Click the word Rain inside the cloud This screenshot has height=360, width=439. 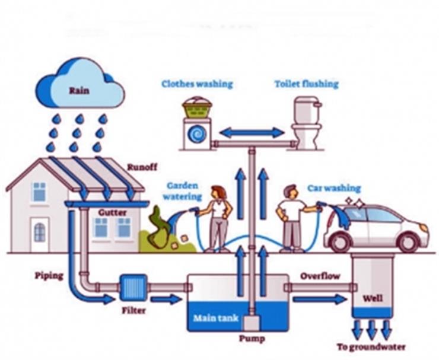[x=79, y=91]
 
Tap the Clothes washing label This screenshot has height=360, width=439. [x=198, y=84]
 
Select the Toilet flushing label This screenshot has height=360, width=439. [x=307, y=84]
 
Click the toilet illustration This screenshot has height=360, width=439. [x=306, y=123]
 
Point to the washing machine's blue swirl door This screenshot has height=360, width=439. [x=198, y=135]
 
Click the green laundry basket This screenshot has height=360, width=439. [x=197, y=108]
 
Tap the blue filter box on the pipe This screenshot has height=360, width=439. [x=133, y=287]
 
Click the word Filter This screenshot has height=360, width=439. [x=133, y=310]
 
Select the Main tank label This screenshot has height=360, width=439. [x=216, y=318]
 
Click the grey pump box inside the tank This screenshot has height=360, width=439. [x=252, y=323]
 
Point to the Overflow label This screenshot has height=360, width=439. [x=320, y=276]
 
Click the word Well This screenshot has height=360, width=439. [x=373, y=298]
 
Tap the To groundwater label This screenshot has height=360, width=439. [x=371, y=347]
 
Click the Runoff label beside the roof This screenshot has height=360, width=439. [x=142, y=167]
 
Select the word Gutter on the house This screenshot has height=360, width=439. [x=112, y=212]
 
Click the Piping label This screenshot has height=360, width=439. [x=49, y=276]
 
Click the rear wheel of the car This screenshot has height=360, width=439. [x=341, y=242]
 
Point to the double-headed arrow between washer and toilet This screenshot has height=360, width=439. [x=252, y=132]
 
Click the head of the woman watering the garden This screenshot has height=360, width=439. [x=218, y=192]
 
